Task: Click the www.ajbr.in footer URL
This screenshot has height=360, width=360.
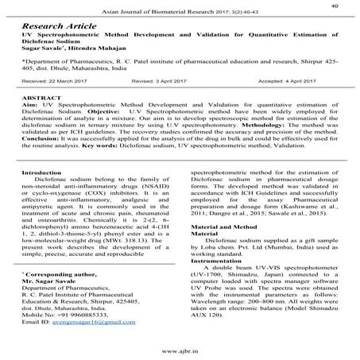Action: point(180,350)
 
